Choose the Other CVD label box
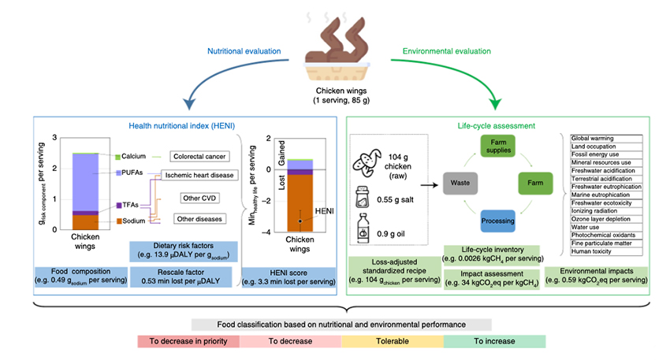pyautogui.click(x=200, y=197)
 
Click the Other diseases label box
pyautogui.click(x=199, y=217)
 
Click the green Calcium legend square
pyautogui.click(x=118, y=156)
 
